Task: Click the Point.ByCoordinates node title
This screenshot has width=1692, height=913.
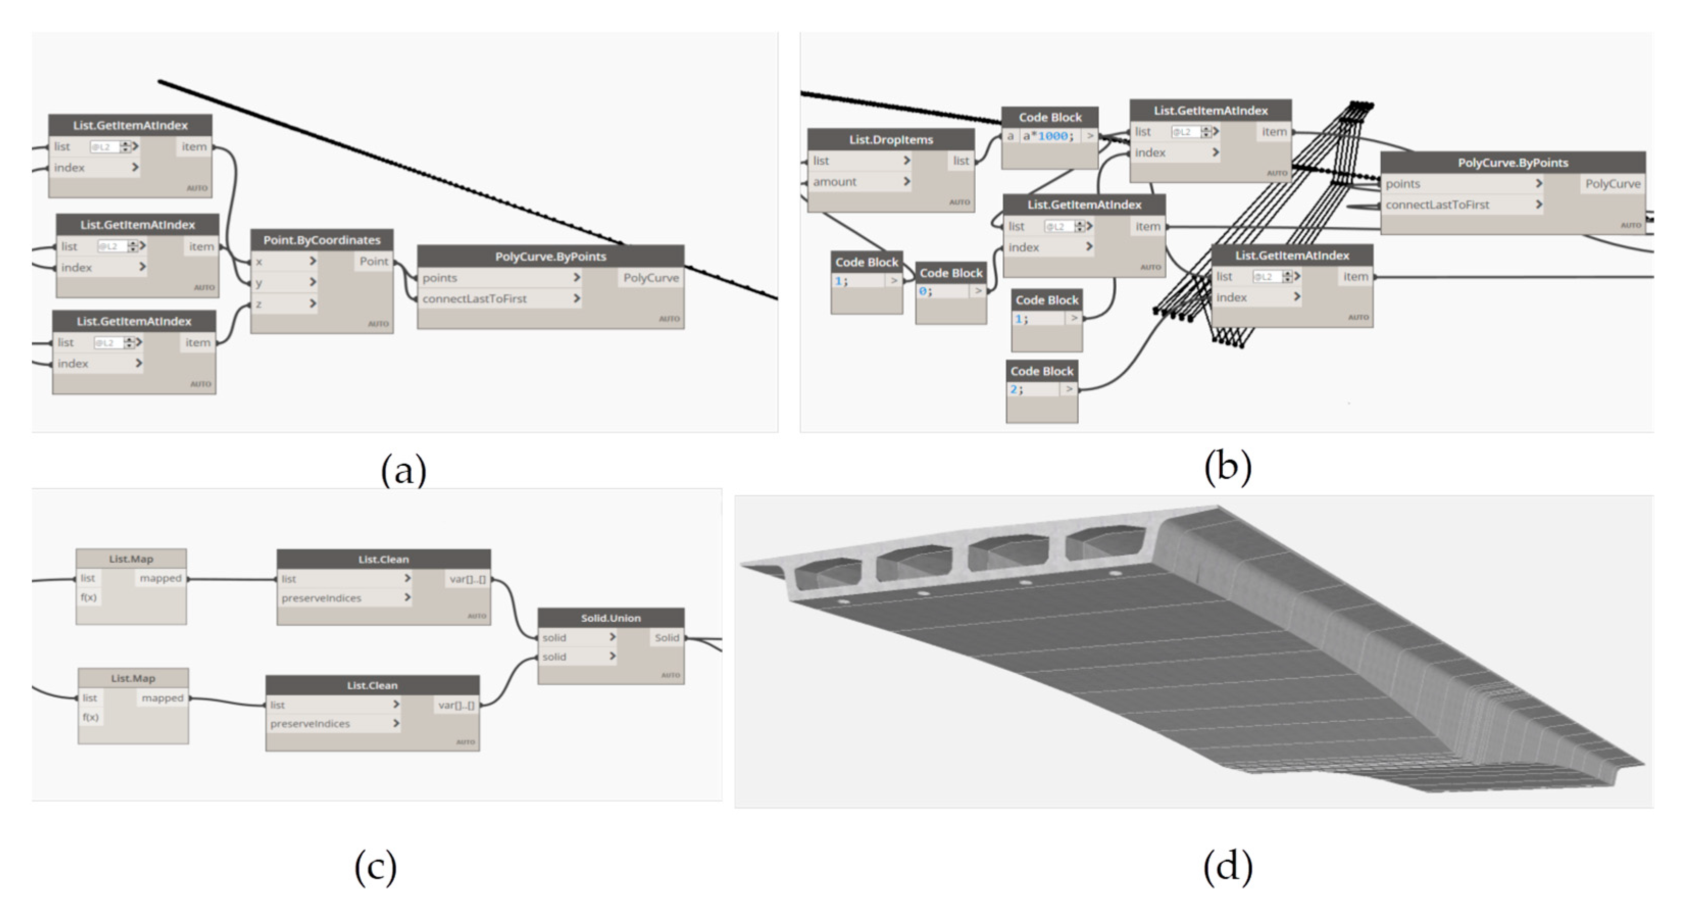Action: coord(321,240)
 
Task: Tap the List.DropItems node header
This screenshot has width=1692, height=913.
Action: coord(891,139)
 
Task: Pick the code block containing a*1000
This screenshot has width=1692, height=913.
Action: coord(1049,136)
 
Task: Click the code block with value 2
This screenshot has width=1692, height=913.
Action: coord(1041,390)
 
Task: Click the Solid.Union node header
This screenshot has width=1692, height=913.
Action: coord(610,618)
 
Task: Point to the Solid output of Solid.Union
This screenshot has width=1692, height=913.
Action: coord(666,637)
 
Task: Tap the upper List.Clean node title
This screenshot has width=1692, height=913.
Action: coord(383,560)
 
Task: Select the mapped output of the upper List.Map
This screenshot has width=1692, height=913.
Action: coord(160,578)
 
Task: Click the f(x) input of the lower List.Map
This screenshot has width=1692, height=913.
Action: coord(91,717)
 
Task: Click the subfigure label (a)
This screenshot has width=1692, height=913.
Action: coord(403,470)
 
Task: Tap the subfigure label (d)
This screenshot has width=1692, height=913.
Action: coord(1227,867)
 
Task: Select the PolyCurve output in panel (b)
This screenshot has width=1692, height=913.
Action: coord(1612,184)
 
